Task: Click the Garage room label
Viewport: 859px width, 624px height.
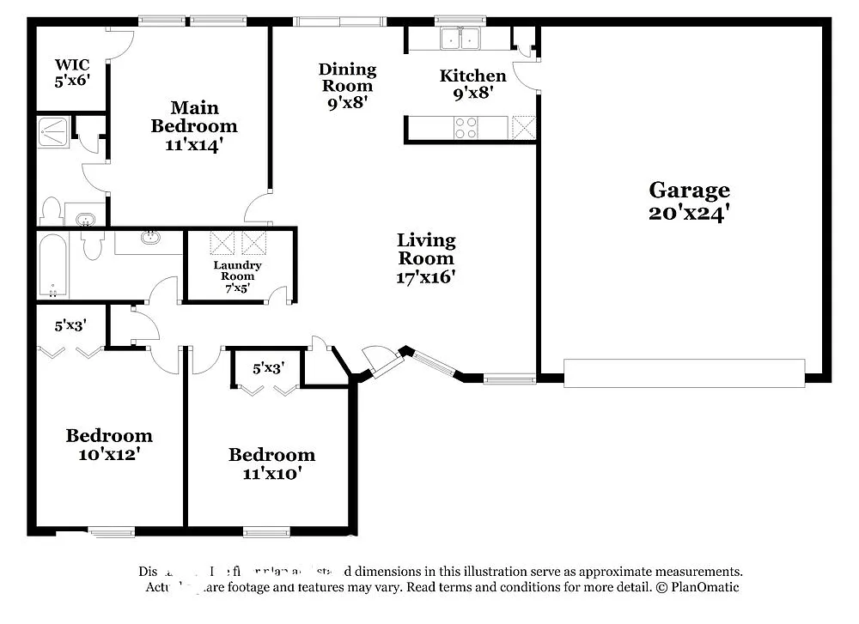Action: [x=689, y=201]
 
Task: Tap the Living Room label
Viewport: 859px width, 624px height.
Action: [x=426, y=258]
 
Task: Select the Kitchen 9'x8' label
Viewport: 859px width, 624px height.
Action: [x=472, y=84]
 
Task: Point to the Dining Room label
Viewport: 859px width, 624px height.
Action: [x=347, y=85]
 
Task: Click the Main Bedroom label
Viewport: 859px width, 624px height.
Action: [x=194, y=126]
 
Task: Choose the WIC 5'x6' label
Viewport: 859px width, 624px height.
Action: [x=72, y=72]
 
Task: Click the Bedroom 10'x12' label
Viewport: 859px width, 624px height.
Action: [x=109, y=445]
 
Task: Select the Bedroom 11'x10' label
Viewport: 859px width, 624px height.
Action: [x=271, y=463]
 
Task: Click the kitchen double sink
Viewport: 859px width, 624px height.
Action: [x=460, y=39]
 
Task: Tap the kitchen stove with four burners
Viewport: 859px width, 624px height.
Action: [x=466, y=128]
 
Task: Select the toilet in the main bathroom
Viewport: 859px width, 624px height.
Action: [x=51, y=211]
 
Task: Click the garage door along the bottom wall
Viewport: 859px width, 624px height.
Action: [x=684, y=373]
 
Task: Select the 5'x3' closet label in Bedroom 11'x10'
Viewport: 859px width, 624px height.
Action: [x=267, y=368]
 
